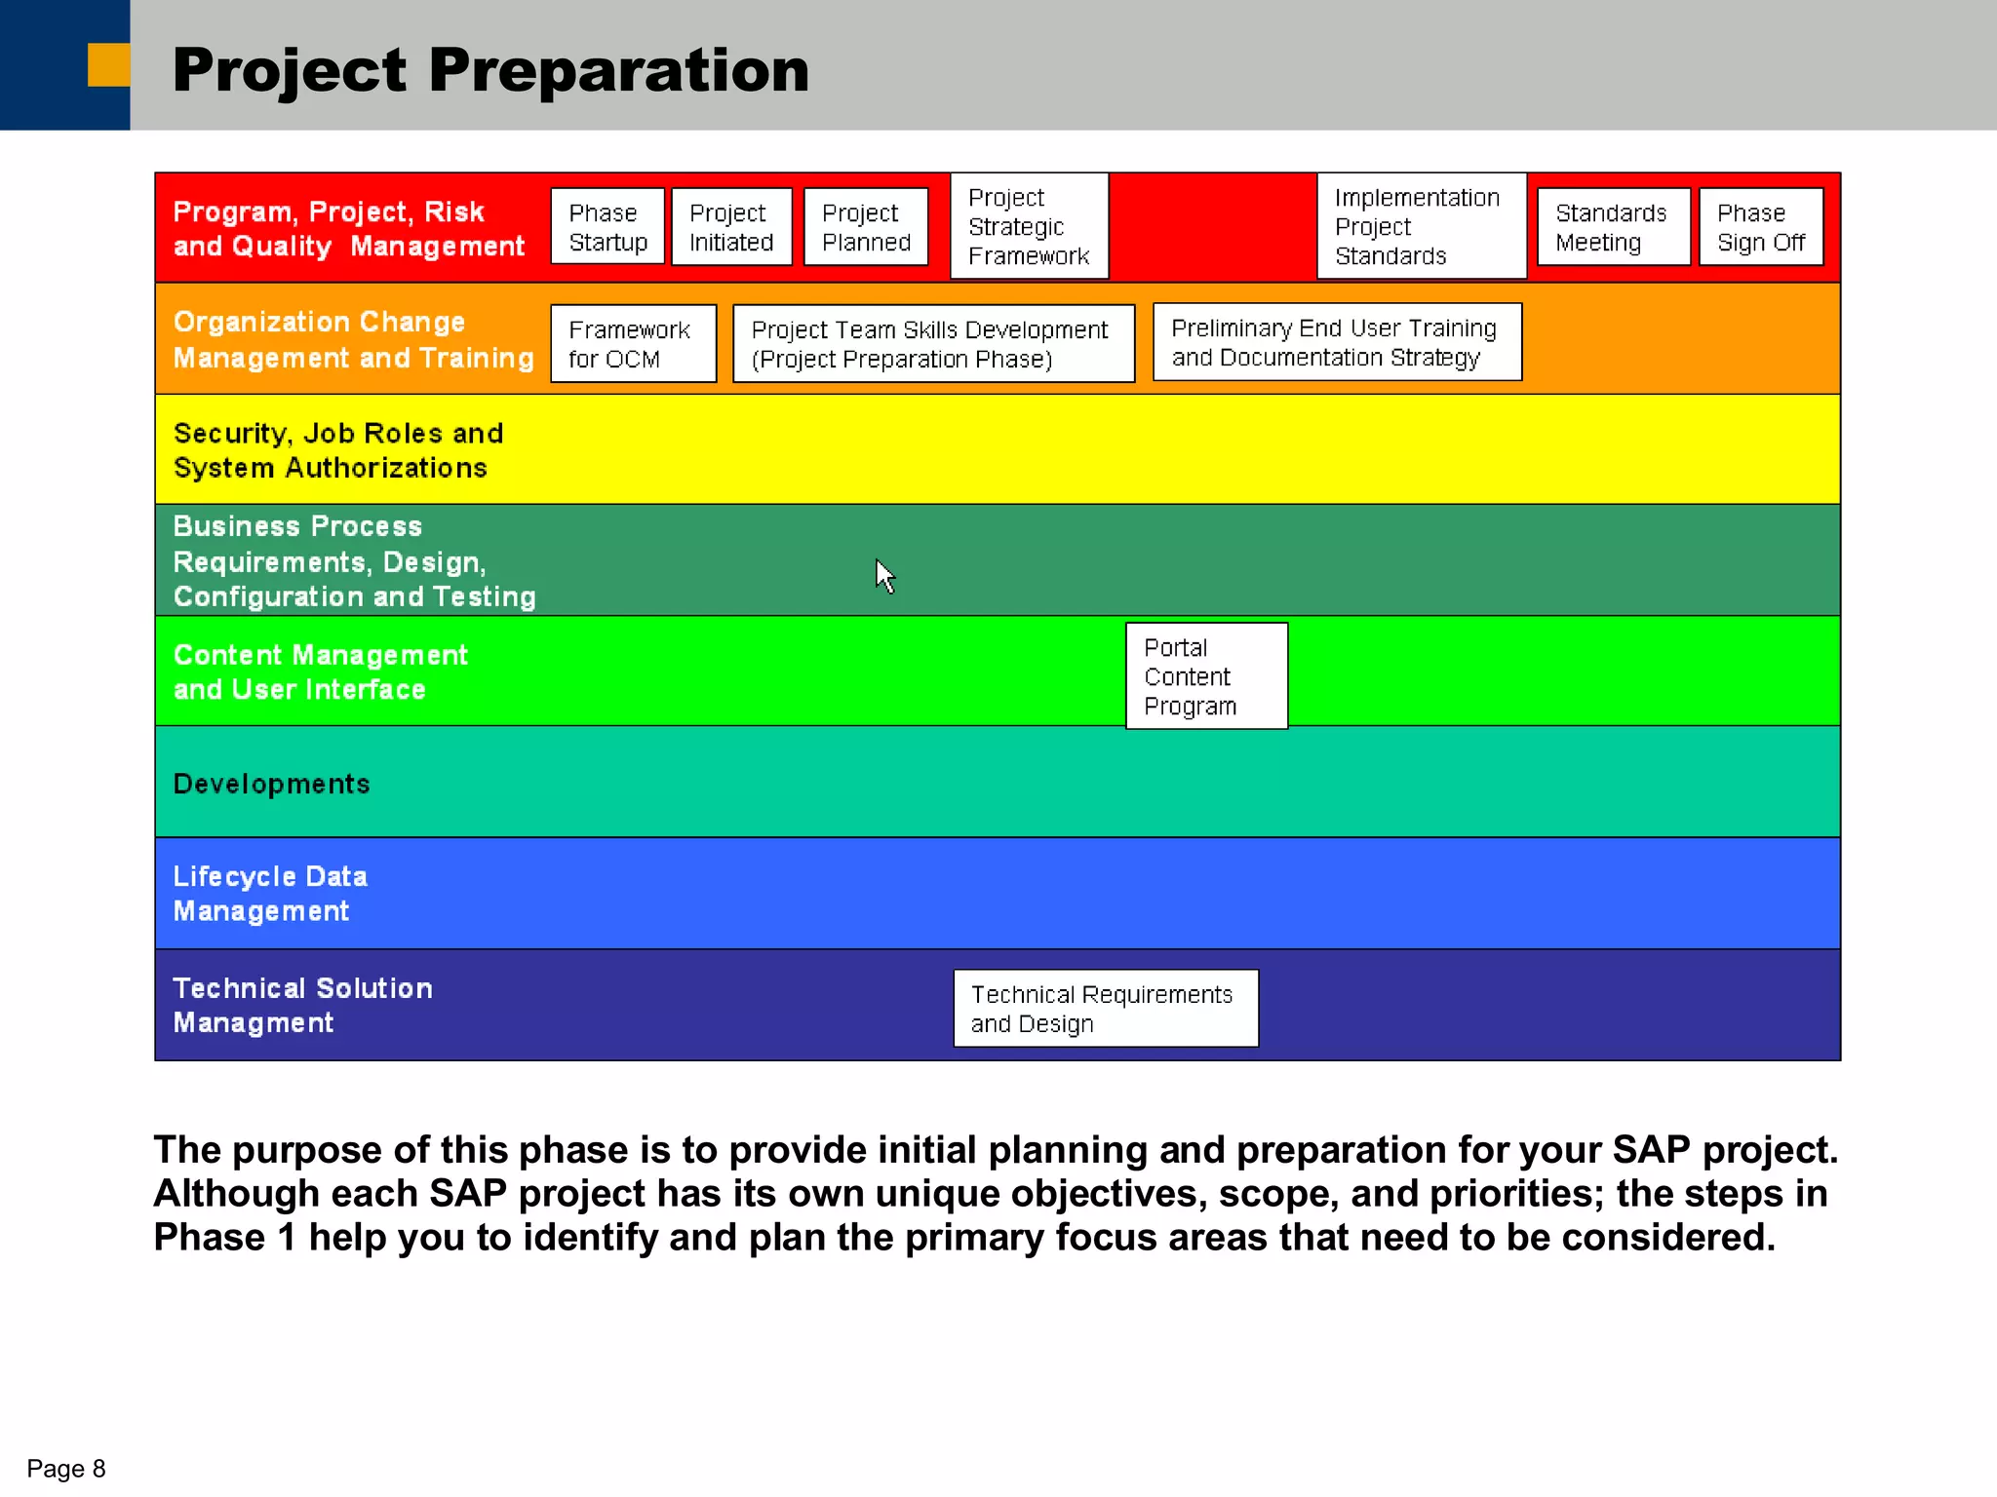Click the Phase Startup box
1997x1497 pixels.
pyautogui.click(x=607, y=227)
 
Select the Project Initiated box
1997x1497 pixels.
pyautogui.click(x=731, y=227)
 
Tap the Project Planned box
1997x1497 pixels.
pyautogui.click(x=866, y=227)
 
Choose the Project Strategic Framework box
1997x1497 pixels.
pyautogui.click(x=1029, y=226)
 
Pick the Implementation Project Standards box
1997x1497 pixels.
pyautogui.click(x=1421, y=226)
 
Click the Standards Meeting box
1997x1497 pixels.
pyautogui.click(x=1613, y=227)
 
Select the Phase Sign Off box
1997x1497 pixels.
pyautogui.click(x=1761, y=227)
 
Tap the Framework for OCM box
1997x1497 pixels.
pyautogui.click(x=633, y=344)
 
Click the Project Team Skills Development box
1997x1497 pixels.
pyautogui.click(x=933, y=344)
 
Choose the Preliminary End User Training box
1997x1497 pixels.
pyautogui.click(x=1337, y=342)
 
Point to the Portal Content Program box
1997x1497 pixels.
pyautogui.click(x=1206, y=676)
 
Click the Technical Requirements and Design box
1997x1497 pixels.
pyautogui.click(x=1106, y=1009)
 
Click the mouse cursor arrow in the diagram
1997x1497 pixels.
pyautogui.click(x=883, y=575)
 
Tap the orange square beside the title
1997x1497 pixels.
pyautogui.click(x=108, y=65)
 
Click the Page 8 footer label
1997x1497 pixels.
pyautogui.click(x=65, y=1469)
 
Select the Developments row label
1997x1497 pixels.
pyautogui.click(x=272, y=784)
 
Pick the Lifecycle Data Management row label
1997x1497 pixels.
pyautogui.click(x=270, y=894)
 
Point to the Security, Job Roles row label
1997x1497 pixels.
pyautogui.click(x=337, y=450)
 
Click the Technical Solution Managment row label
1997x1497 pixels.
pyautogui.click(x=302, y=1005)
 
